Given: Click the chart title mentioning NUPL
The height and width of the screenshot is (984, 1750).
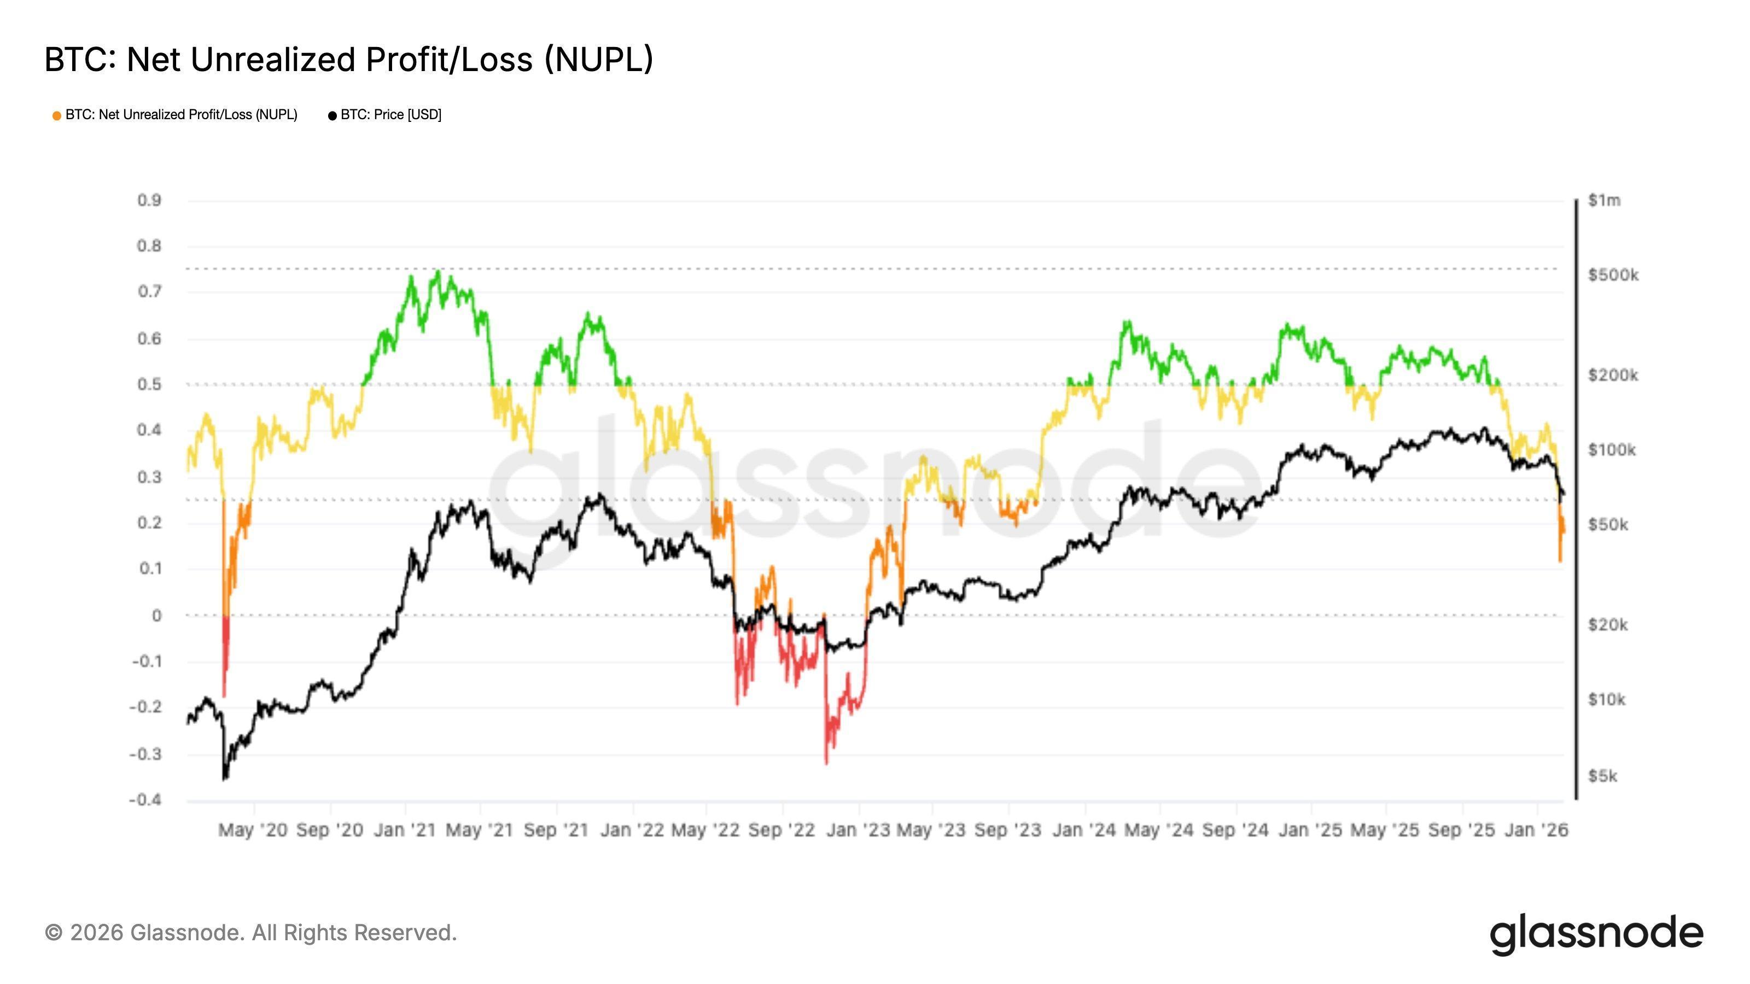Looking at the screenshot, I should click(348, 60).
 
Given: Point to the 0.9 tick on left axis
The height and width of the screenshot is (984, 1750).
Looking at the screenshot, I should click(149, 200).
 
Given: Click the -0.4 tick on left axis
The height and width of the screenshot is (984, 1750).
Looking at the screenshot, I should click(145, 800).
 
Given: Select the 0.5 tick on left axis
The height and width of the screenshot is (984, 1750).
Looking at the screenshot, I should click(149, 384).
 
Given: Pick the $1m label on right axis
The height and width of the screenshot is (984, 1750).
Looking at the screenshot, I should click(1604, 200).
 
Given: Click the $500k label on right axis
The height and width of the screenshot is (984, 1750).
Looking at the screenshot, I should click(1613, 275).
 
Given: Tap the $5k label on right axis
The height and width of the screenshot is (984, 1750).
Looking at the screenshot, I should click(1602, 776).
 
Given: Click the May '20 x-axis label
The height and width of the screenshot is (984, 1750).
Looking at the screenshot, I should click(253, 830).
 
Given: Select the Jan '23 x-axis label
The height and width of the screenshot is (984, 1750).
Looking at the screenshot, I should click(858, 830).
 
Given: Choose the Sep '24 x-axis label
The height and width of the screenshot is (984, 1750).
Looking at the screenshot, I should click(1235, 830).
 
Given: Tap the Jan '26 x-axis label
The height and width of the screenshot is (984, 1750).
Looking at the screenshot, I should click(1536, 830).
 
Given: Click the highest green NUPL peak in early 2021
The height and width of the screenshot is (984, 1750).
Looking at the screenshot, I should click(438, 272).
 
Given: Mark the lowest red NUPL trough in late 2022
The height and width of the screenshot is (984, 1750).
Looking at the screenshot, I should click(827, 763).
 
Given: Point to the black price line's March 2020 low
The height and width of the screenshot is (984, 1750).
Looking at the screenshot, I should click(225, 778).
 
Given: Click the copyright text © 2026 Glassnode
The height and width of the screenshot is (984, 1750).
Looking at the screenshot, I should click(250, 933).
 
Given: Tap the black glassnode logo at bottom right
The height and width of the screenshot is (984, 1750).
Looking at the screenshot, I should click(1596, 934).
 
